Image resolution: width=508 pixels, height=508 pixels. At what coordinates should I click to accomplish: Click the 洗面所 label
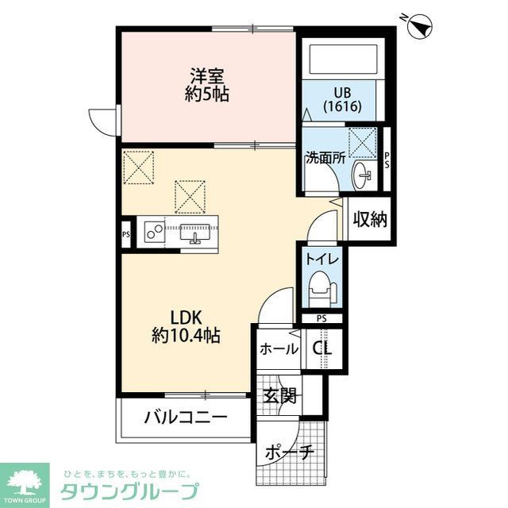(324, 157)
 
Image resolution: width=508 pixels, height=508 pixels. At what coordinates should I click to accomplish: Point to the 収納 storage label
(369, 219)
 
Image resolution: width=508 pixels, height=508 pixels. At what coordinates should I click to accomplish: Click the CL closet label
(322, 348)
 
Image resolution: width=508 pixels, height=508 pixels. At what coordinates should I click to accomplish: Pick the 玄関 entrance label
(280, 394)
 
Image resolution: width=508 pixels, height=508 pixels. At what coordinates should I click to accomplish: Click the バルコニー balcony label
(186, 418)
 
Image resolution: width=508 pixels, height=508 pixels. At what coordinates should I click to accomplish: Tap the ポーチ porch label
(291, 452)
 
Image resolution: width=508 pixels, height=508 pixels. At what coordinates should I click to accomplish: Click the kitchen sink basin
(194, 233)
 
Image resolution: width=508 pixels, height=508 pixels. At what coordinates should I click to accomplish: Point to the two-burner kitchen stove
(153, 233)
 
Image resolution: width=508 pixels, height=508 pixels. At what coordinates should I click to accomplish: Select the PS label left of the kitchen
(126, 234)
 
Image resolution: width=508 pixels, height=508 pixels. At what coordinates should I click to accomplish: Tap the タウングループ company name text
(130, 490)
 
